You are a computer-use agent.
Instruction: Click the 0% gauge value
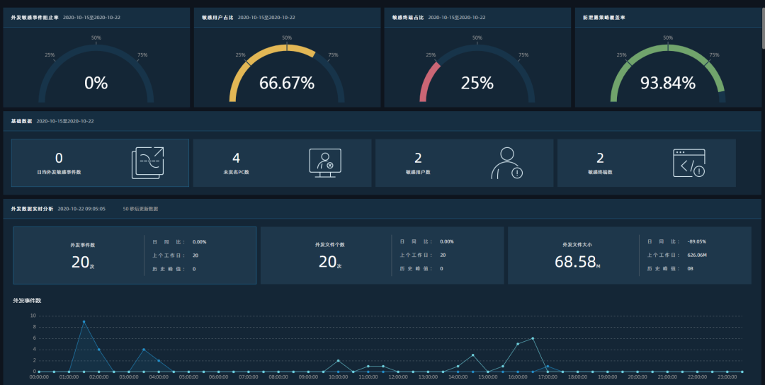tap(96, 83)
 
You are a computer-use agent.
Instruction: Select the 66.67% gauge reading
tap(286, 83)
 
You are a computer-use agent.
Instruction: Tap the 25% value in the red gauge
tap(477, 83)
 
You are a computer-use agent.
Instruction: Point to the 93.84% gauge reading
tap(667, 83)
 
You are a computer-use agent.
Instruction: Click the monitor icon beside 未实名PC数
tap(325, 163)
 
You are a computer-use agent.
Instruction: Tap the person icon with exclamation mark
tap(506, 163)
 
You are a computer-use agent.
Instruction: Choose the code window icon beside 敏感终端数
tap(688, 163)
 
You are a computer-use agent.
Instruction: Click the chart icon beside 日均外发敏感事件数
tap(147, 163)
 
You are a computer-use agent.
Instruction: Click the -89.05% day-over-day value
tap(696, 241)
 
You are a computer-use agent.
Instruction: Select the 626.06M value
tap(697, 255)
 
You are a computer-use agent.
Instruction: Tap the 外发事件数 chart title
tap(27, 301)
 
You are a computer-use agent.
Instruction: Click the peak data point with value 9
tap(84, 321)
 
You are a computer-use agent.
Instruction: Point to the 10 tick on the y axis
tap(33, 316)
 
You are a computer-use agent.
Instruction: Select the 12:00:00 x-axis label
tap(397, 377)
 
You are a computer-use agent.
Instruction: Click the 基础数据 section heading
tap(21, 121)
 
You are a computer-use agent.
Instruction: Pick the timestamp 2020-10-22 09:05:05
tap(81, 209)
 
